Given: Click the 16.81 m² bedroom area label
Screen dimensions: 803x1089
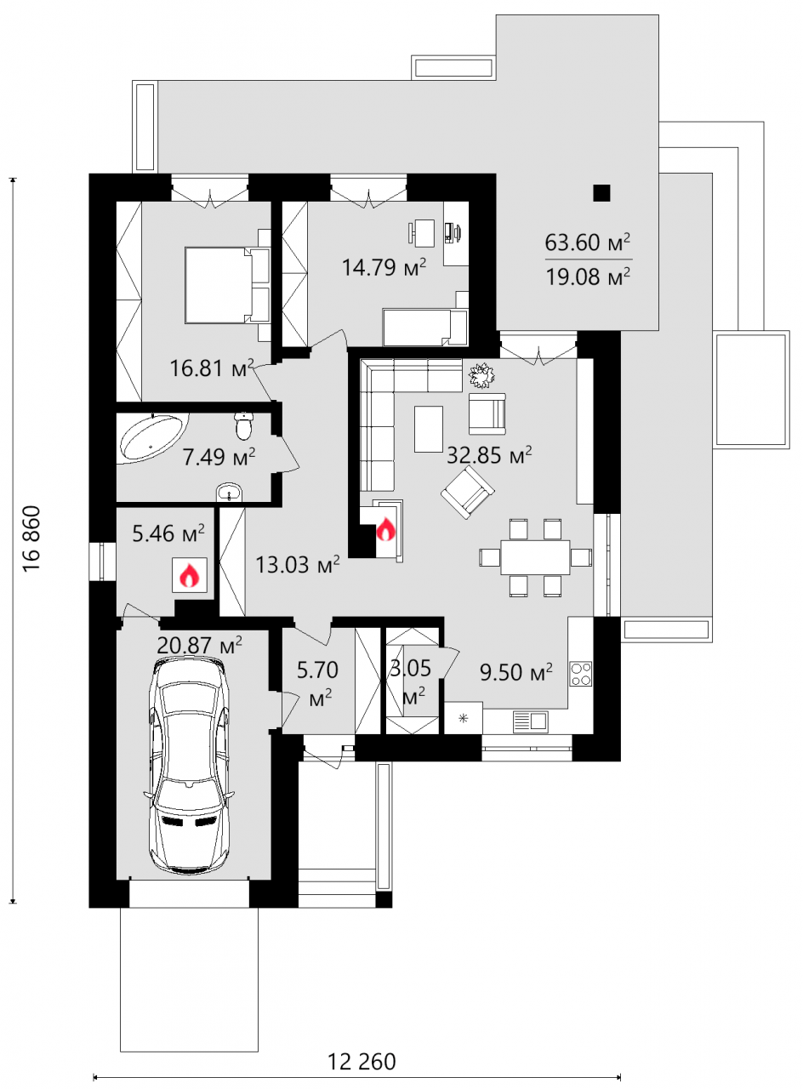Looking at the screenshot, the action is coord(212,368).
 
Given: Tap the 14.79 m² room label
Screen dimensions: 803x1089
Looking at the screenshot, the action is coord(384,267).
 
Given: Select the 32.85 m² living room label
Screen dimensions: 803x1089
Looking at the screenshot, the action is coord(489,455).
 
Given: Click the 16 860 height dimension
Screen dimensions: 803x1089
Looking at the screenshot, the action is coord(32,539).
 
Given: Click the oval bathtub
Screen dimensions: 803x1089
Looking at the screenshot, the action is coord(154,436).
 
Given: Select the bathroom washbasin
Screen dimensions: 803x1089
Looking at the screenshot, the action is coord(229,492).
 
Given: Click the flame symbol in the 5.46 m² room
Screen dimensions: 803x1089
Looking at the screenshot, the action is coord(190,574).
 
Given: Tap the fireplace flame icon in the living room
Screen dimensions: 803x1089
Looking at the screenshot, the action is coord(386,529).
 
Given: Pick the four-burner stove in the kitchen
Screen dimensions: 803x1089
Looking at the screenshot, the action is coord(581,674).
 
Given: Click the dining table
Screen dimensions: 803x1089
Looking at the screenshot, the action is coord(535,556).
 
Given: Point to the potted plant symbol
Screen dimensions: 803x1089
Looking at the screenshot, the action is coord(481,376).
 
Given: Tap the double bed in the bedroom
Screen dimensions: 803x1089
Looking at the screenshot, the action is coord(227,285).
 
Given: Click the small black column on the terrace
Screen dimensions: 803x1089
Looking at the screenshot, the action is coord(601,193).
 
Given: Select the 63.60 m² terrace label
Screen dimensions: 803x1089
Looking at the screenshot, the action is coord(587,242).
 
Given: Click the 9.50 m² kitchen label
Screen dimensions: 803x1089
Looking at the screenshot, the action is coord(516,672).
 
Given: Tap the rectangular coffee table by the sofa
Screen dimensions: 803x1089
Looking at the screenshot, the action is coord(428,430).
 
